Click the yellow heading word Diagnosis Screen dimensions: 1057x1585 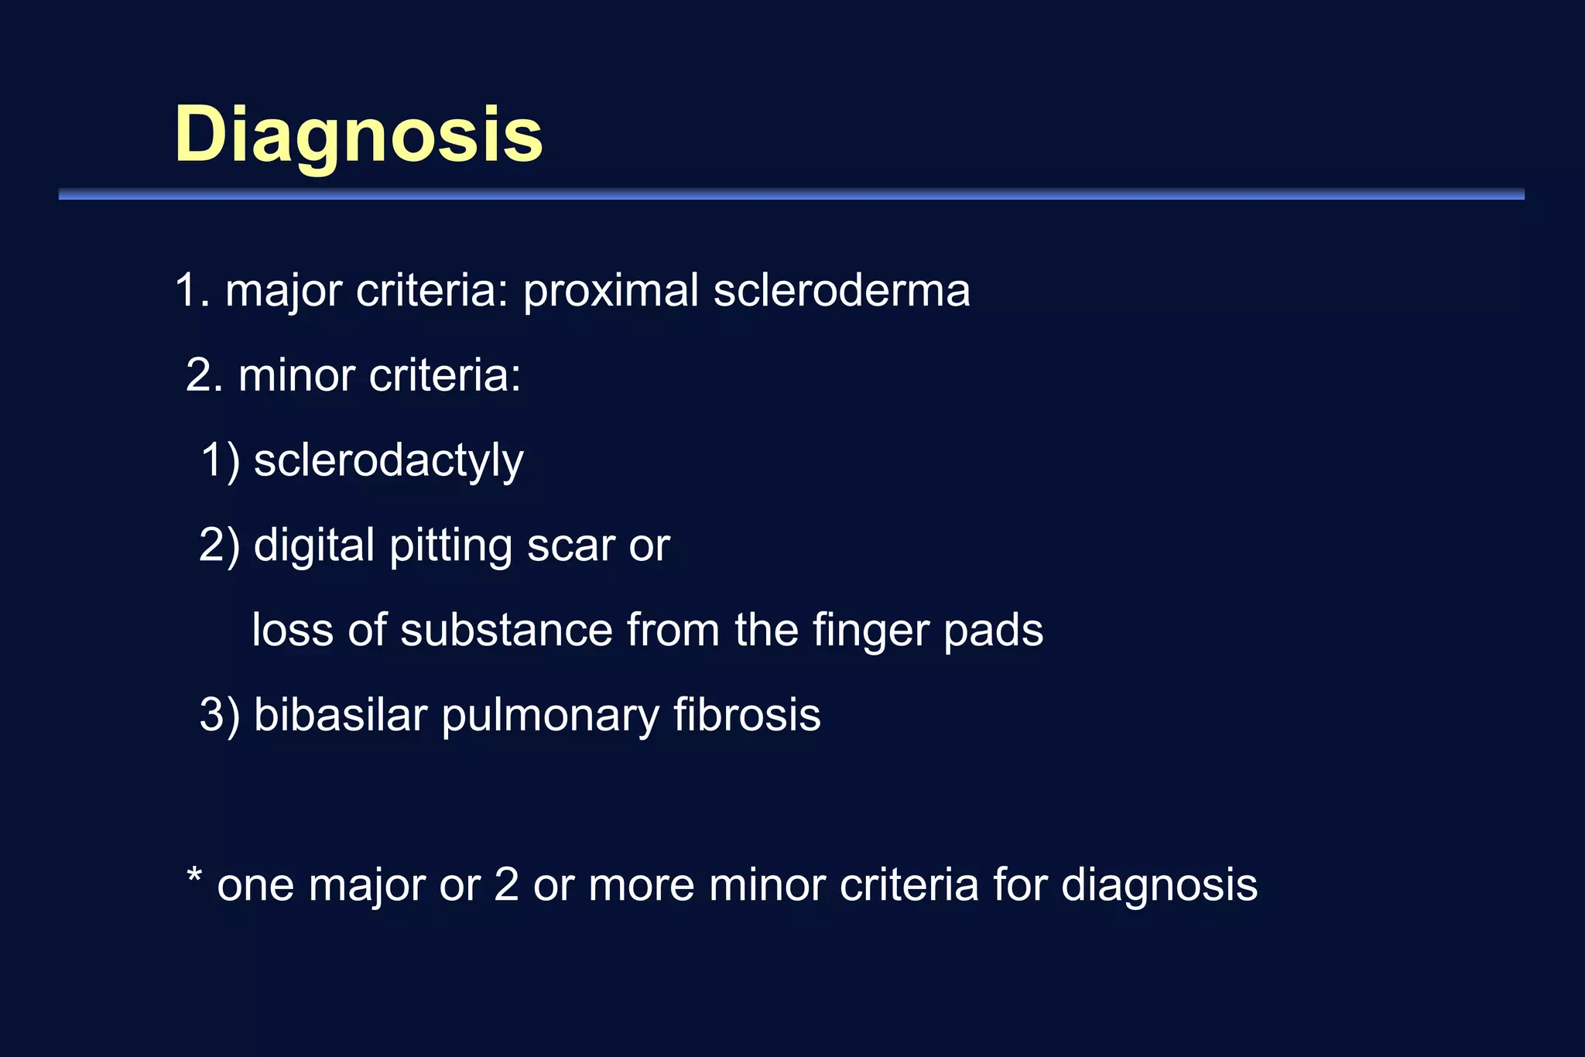click(358, 135)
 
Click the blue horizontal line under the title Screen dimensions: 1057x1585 click(791, 194)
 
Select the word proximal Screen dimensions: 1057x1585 click(611, 291)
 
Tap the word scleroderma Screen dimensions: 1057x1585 click(841, 291)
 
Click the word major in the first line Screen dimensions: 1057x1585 click(283, 291)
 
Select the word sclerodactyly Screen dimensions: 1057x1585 click(389, 461)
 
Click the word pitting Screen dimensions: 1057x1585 click(450, 546)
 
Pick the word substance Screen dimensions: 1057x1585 click(506, 630)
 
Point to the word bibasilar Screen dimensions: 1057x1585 click(341, 715)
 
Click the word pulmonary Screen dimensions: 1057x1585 click(549, 717)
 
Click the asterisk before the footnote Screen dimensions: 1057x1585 click(194, 877)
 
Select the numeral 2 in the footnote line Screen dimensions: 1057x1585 click(505, 885)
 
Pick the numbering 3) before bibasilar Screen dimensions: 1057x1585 click(220, 717)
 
